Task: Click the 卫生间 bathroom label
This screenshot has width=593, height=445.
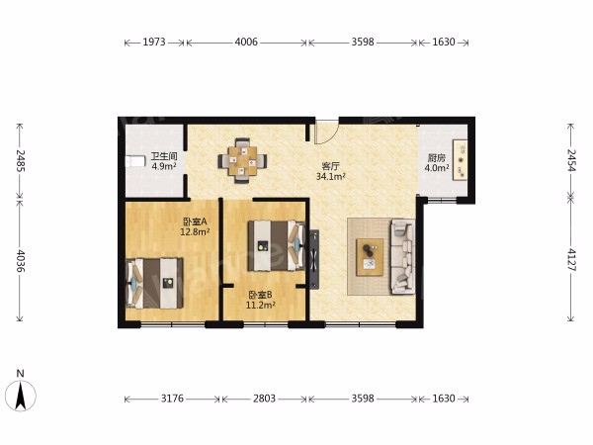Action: pyautogui.click(x=164, y=156)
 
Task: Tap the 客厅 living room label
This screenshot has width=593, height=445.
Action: pyautogui.click(x=330, y=166)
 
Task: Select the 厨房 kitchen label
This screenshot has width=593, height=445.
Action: pyautogui.click(x=437, y=158)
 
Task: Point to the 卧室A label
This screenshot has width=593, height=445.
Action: pyautogui.click(x=195, y=222)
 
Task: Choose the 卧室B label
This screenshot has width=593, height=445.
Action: pyautogui.click(x=260, y=295)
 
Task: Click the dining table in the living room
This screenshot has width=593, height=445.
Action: pyautogui.click(x=242, y=161)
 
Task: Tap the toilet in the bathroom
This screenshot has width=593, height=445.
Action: pyautogui.click(x=135, y=161)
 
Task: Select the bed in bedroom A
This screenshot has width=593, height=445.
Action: pyautogui.click(x=155, y=283)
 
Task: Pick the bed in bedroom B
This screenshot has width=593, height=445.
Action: pyautogui.click(x=276, y=245)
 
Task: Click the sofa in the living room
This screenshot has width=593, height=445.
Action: pyautogui.click(x=402, y=256)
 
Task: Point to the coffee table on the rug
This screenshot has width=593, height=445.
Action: pyautogui.click(x=370, y=257)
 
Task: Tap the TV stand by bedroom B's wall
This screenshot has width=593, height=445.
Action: pyautogui.click(x=314, y=259)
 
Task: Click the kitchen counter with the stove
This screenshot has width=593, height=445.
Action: pyautogui.click(x=461, y=161)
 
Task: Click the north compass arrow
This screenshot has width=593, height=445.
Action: pyautogui.click(x=21, y=396)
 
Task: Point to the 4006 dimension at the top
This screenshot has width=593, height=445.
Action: pyautogui.click(x=246, y=42)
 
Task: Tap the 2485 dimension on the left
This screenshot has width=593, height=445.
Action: pyautogui.click(x=21, y=161)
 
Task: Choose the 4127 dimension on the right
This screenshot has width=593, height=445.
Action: pyautogui.click(x=571, y=259)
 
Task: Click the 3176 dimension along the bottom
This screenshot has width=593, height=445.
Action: pyautogui.click(x=172, y=399)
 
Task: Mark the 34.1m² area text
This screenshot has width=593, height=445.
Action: pyautogui.click(x=331, y=176)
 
